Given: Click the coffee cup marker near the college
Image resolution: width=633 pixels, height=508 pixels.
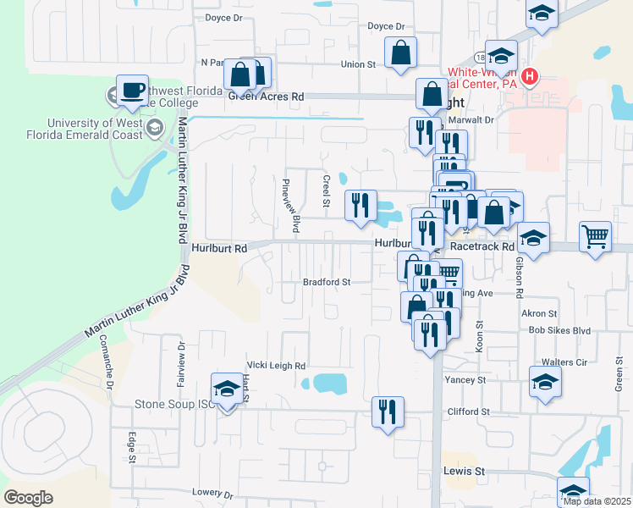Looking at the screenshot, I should click(x=131, y=91).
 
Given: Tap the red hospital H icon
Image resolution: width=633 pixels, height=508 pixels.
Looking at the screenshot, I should click(x=530, y=78).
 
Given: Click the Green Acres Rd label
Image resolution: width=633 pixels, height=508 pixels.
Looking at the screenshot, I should click(x=266, y=97).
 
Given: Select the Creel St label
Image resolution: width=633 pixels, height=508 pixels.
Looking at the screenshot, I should click(x=326, y=190).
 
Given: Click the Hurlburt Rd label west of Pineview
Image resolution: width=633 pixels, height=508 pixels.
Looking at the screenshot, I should click(x=218, y=249).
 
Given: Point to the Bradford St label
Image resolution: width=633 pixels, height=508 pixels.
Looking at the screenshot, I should click(x=328, y=282).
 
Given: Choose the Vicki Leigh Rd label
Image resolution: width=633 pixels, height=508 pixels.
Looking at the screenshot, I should click(x=275, y=366).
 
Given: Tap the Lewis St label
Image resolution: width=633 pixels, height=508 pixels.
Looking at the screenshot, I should click(x=463, y=471).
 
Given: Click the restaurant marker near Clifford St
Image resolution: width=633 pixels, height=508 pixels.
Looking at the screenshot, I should click(x=388, y=412).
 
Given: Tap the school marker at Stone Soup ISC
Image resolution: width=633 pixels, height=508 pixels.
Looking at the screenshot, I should click(x=226, y=389).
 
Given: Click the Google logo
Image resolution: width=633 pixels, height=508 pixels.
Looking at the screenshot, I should click(x=28, y=498).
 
